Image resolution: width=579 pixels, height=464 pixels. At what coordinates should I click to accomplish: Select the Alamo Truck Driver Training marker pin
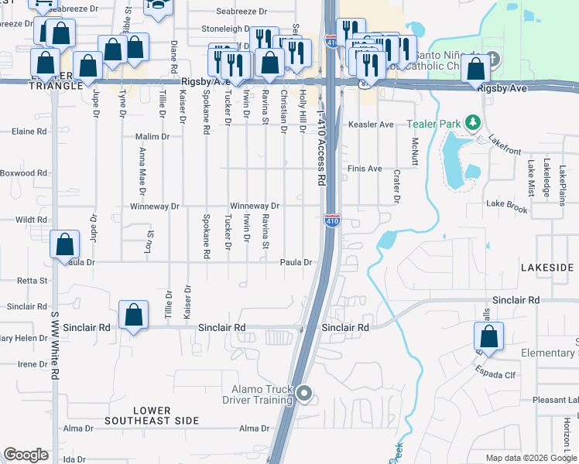pos(304,394)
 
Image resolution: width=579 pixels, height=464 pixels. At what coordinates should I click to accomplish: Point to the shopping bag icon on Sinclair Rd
pos(134,316)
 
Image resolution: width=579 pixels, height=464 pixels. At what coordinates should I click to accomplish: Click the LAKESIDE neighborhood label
pos(547,268)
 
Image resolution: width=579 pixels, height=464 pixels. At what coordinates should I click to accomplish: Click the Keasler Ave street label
pos(371,125)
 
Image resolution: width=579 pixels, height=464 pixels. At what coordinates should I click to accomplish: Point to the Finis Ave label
pos(365,169)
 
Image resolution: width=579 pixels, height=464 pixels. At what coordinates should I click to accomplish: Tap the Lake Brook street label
pos(507,206)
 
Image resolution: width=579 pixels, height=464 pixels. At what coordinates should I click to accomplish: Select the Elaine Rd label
pos(29,131)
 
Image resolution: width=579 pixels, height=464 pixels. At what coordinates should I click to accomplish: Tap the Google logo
pos(26,455)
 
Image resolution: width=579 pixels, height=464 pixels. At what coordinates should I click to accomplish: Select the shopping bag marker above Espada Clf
pos(488,336)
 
